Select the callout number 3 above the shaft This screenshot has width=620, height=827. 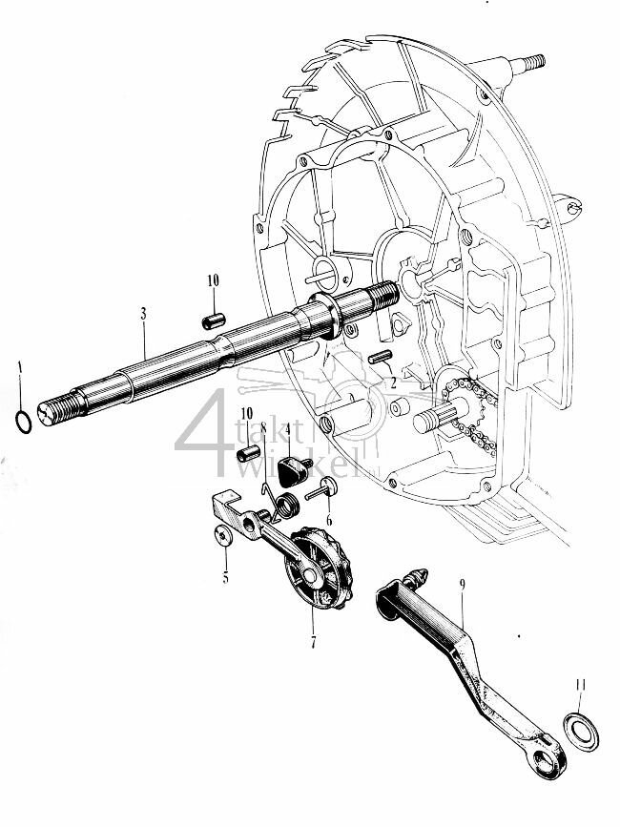point(142,314)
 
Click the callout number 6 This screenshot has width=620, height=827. point(329,521)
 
